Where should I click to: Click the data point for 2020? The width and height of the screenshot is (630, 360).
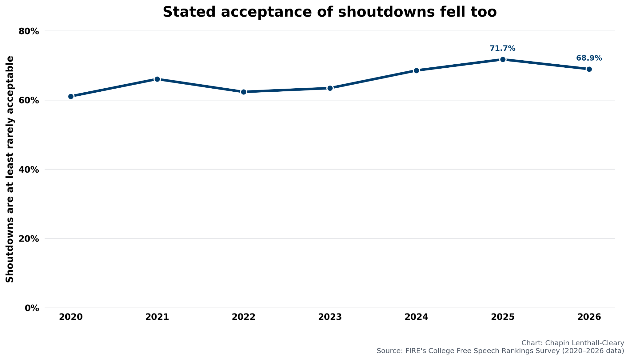point(71,97)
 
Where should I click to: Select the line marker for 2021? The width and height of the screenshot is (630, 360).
point(157,79)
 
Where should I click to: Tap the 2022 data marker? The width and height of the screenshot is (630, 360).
point(244,92)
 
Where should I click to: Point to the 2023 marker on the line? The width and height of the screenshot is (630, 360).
point(330,88)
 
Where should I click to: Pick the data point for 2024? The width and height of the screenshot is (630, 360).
point(417,70)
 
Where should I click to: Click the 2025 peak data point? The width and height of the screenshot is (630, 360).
point(503,59)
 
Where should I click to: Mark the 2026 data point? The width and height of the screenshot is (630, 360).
point(589,69)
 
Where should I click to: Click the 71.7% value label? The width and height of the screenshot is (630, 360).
point(503,48)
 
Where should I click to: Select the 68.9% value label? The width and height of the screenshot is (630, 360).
point(589,58)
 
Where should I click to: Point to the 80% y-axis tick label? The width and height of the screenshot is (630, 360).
point(29,31)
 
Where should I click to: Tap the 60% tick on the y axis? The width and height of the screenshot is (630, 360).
point(29,101)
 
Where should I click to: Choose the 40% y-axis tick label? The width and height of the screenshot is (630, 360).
point(29,170)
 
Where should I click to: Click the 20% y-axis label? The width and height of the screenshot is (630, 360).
point(29,239)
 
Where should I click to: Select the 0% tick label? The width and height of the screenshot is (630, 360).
point(32,308)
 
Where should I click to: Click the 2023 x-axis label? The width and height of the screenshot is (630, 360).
point(330,317)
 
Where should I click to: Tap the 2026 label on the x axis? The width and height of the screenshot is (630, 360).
point(589,317)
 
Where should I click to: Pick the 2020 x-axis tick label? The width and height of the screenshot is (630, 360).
point(71,317)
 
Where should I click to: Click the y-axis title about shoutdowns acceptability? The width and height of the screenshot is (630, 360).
point(10,169)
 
